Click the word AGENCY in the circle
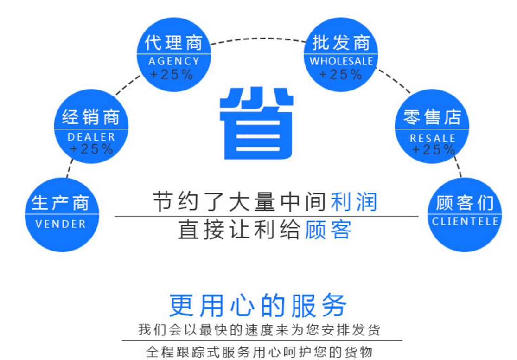pyautogui.click(x=174, y=61)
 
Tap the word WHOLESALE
pyautogui.click(x=341, y=61)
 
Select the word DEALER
pyautogui.click(x=91, y=137)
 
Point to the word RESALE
pyautogui.click(x=433, y=138)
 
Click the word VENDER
pyautogui.click(x=61, y=224)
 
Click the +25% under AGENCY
pyautogui.click(x=172, y=74)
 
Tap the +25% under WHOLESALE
pyautogui.click(x=341, y=74)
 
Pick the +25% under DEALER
pyautogui.click(x=91, y=149)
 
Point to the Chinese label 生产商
pyautogui.click(x=60, y=203)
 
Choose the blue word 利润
pyautogui.click(x=354, y=202)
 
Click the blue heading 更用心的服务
pyautogui.click(x=258, y=305)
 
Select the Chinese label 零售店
pyautogui.click(x=432, y=117)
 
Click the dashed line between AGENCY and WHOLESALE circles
pyautogui.click(x=257, y=38)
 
